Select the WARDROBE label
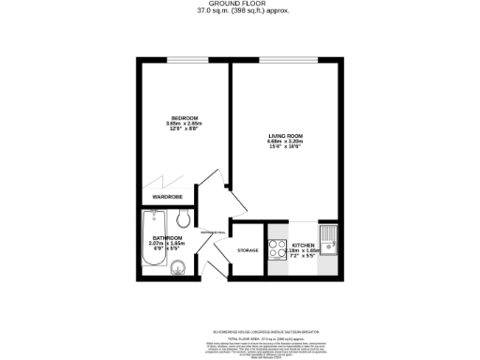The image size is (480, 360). tap(168, 198)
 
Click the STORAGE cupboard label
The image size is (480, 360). tap(247, 250)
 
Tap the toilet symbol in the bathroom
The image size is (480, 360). tap(185, 219)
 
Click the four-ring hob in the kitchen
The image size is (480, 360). tap(277, 249)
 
